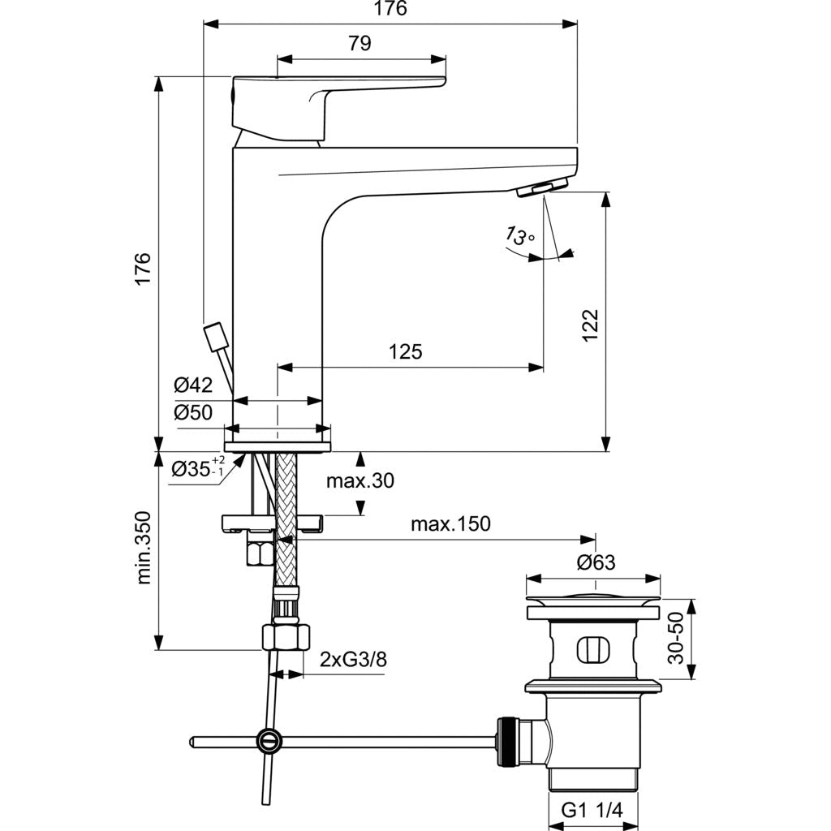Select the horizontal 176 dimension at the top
coord(390,9)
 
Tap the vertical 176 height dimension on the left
coord(143,269)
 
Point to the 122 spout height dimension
coord(590,325)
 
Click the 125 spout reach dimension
coord(405,351)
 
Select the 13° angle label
coord(520,235)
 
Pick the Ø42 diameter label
coord(193,385)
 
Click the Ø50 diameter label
coord(193,412)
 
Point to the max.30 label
coord(360,481)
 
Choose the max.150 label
coord(450,523)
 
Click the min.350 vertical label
coord(144,548)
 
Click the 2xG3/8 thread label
coord(353,659)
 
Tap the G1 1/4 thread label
coord(596,811)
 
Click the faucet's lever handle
coord(325,101)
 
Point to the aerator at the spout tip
coord(542,187)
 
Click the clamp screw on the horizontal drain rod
coord(269,740)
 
